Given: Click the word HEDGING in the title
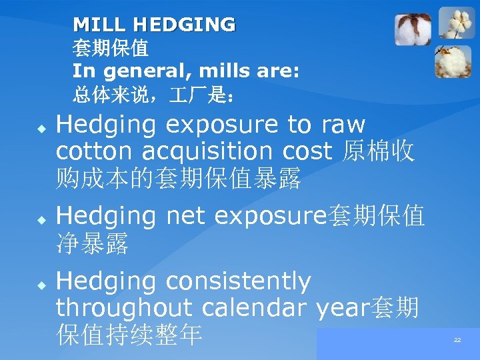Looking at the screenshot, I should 183,25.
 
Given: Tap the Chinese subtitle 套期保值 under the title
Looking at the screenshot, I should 111,48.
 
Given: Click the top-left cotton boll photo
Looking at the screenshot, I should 412,29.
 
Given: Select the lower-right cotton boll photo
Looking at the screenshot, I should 453,61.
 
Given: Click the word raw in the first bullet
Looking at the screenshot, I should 343,125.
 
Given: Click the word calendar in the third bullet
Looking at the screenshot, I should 253,308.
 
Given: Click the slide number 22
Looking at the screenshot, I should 457,340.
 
